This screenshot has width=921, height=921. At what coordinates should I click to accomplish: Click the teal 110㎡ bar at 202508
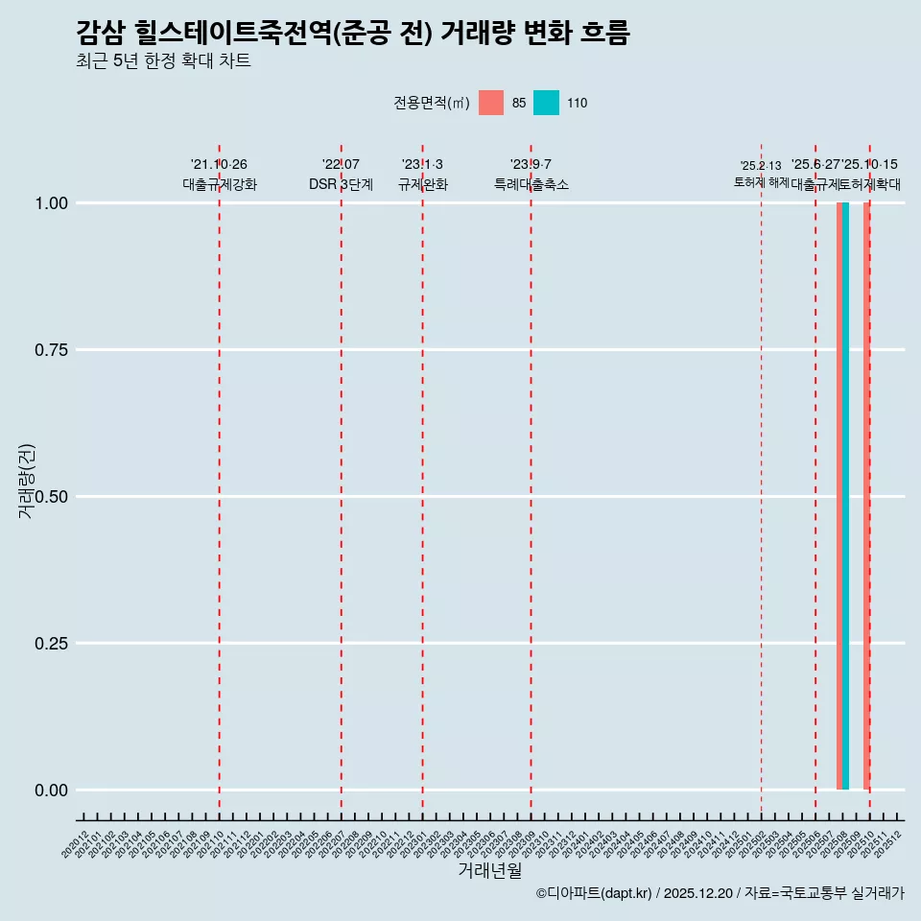(846, 496)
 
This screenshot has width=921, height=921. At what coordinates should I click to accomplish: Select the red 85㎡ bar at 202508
(839, 496)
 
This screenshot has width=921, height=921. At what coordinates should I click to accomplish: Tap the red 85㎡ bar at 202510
(866, 496)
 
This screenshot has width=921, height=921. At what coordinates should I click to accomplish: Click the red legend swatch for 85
(491, 103)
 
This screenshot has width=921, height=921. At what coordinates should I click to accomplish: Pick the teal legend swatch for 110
(546, 103)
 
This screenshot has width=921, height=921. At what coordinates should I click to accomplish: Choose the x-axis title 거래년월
(490, 870)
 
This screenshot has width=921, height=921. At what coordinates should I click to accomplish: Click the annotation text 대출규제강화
(220, 184)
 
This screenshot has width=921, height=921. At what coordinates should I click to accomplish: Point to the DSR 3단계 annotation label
(341, 184)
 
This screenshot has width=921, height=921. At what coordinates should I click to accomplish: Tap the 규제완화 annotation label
(423, 184)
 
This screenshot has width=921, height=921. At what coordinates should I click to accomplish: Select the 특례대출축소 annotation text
(531, 184)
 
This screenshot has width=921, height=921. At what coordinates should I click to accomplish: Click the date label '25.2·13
(761, 165)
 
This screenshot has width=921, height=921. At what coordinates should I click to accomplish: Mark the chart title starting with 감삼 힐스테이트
(353, 34)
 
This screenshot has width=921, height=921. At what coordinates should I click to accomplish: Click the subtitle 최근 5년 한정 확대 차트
(163, 61)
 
